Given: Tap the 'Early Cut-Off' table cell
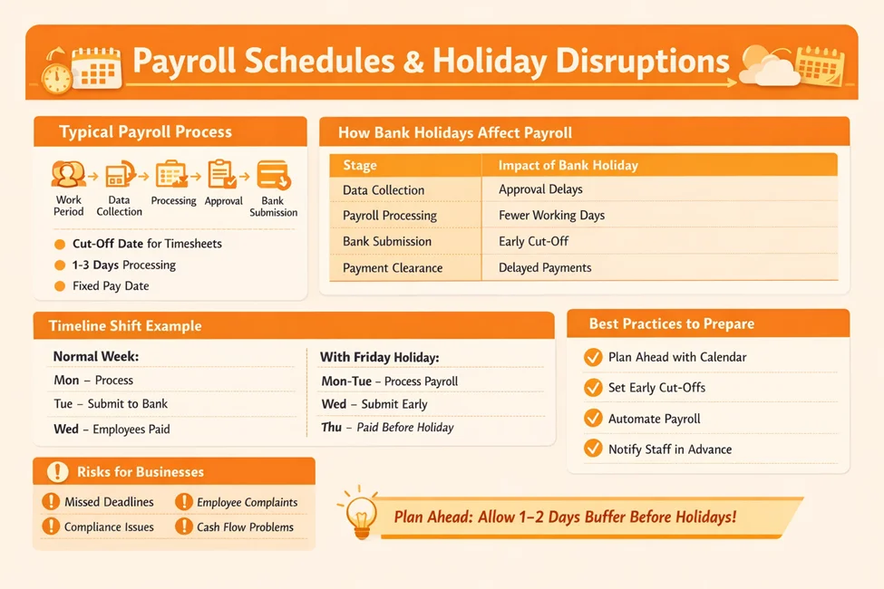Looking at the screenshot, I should [x=533, y=242].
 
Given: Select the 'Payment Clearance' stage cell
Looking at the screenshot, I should [x=393, y=268].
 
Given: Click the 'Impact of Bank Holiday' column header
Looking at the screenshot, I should [x=568, y=166].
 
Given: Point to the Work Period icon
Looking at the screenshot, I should [x=68, y=174].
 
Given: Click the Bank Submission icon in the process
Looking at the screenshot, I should [x=273, y=175].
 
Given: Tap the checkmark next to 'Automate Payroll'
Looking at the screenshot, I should [x=593, y=419].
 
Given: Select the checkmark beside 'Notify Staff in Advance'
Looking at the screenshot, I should [x=593, y=449].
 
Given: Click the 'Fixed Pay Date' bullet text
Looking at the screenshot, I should [x=111, y=286].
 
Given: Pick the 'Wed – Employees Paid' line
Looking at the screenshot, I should [x=112, y=429].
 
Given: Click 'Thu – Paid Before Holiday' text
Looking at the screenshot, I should [x=387, y=428].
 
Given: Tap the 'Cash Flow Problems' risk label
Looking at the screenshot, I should [x=245, y=527].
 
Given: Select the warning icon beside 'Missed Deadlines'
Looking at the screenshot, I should [x=50, y=502].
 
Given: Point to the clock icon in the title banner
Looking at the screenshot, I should [x=56, y=72].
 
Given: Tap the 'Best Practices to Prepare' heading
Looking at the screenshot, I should [x=671, y=323].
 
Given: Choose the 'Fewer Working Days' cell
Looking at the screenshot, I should [x=551, y=216].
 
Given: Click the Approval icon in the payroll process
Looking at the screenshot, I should [x=222, y=174].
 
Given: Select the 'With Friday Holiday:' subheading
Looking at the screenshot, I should [x=380, y=358].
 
